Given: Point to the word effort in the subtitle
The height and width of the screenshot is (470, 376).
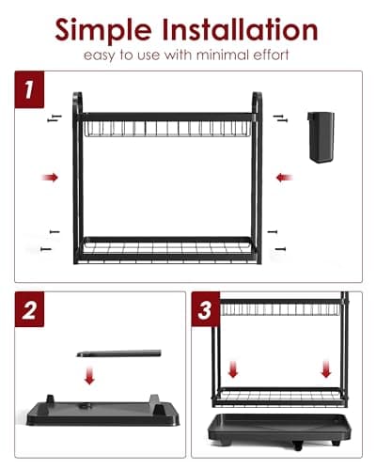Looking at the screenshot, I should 271,56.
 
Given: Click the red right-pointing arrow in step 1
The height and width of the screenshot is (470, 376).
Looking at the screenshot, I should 49,176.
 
